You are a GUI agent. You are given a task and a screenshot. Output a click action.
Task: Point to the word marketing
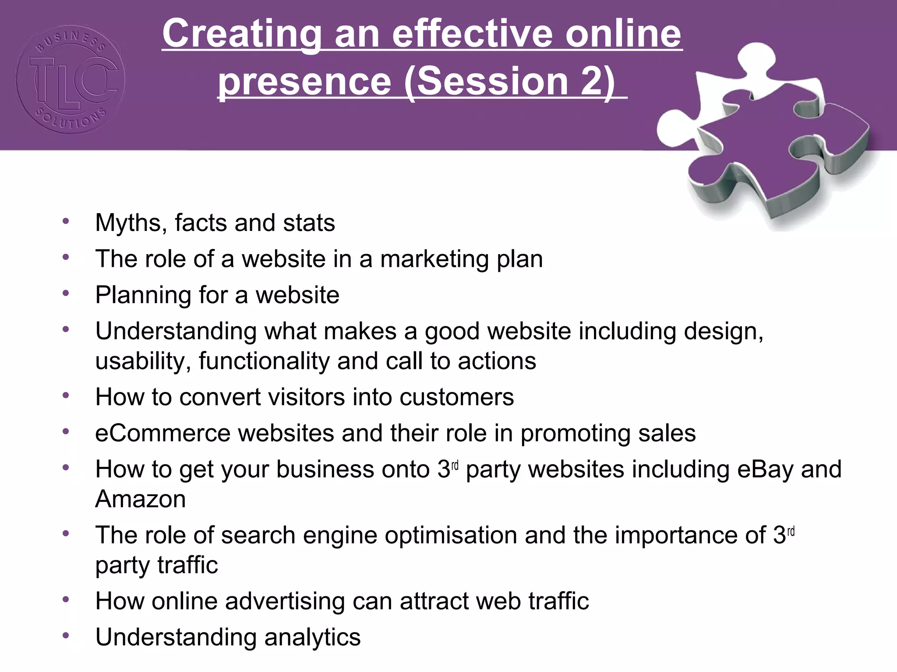click(x=434, y=259)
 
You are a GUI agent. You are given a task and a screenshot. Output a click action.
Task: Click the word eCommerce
click(x=162, y=433)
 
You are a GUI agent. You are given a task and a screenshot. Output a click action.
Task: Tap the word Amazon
click(x=141, y=499)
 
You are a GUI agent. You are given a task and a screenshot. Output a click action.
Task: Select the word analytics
click(x=312, y=637)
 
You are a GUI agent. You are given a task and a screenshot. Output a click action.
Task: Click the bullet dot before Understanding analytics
click(x=66, y=635)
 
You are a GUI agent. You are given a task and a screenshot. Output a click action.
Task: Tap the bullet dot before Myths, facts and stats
click(x=66, y=221)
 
